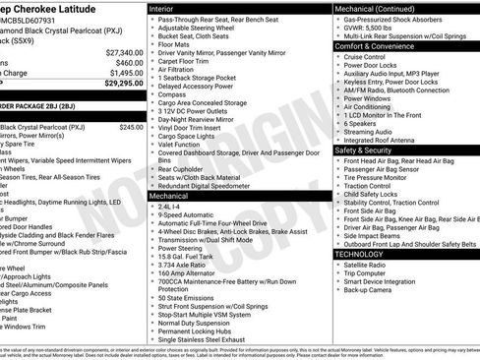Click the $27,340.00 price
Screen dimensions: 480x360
coord(124,51)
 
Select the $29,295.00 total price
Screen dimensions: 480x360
coord(124,84)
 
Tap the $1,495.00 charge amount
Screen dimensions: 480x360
coord(126,73)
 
